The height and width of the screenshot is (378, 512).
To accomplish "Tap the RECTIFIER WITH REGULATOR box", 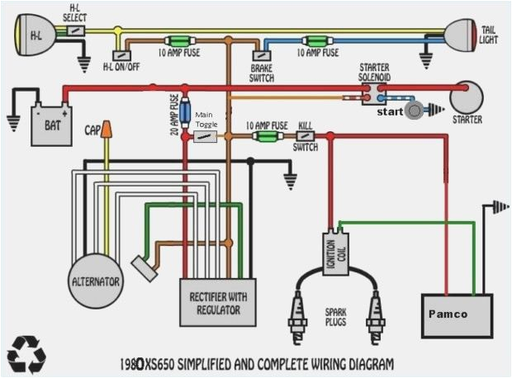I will tap(218, 302).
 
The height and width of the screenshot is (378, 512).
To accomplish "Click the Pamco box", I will tap(457, 314).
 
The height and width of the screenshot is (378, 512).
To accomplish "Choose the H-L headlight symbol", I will tap(36, 35).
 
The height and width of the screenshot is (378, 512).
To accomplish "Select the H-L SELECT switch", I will tap(75, 30).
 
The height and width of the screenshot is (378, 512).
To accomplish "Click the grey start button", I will tap(414, 110).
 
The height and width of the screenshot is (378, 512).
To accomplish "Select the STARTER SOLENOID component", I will tap(375, 92).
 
